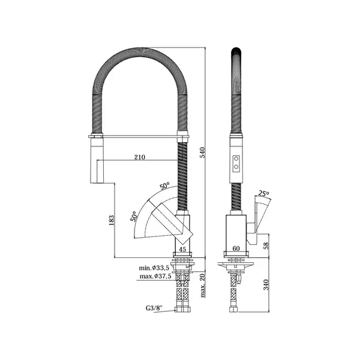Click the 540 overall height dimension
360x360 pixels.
click(203, 152)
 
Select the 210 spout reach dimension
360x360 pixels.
click(140, 157)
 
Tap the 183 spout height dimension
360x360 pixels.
click(112, 220)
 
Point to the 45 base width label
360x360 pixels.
click(182, 249)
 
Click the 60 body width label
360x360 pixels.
click(236, 248)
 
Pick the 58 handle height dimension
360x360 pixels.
click(266, 246)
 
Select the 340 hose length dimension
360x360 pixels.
click(266, 284)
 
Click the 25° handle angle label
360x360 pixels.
click(263, 193)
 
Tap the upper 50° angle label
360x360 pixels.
click(164, 185)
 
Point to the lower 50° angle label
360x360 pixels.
click(134, 216)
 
